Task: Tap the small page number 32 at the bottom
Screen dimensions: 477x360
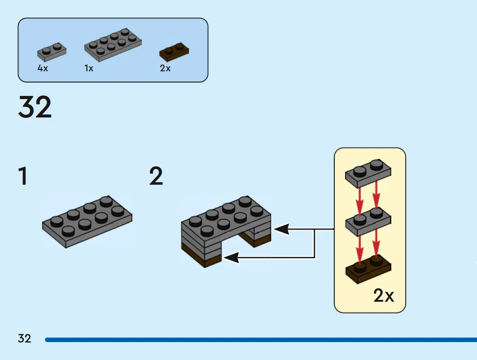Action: (x=24, y=338)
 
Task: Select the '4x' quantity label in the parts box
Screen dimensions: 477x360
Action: (x=43, y=68)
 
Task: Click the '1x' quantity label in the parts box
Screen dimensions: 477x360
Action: (x=89, y=68)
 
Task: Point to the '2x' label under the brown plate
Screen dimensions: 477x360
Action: (x=165, y=68)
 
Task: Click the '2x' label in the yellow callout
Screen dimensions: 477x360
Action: (x=384, y=295)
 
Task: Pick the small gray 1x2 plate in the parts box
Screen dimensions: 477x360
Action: (x=52, y=52)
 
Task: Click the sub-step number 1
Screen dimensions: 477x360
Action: (x=23, y=176)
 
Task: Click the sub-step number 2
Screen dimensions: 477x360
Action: (x=156, y=176)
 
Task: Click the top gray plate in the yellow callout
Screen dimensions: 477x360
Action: (x=368, y=173)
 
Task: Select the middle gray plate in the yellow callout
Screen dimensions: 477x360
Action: (x=368, y=222)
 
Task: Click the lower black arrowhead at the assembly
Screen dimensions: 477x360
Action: (x=231, y=258)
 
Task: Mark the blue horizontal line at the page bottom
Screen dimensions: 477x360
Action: (x=261, y=340)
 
